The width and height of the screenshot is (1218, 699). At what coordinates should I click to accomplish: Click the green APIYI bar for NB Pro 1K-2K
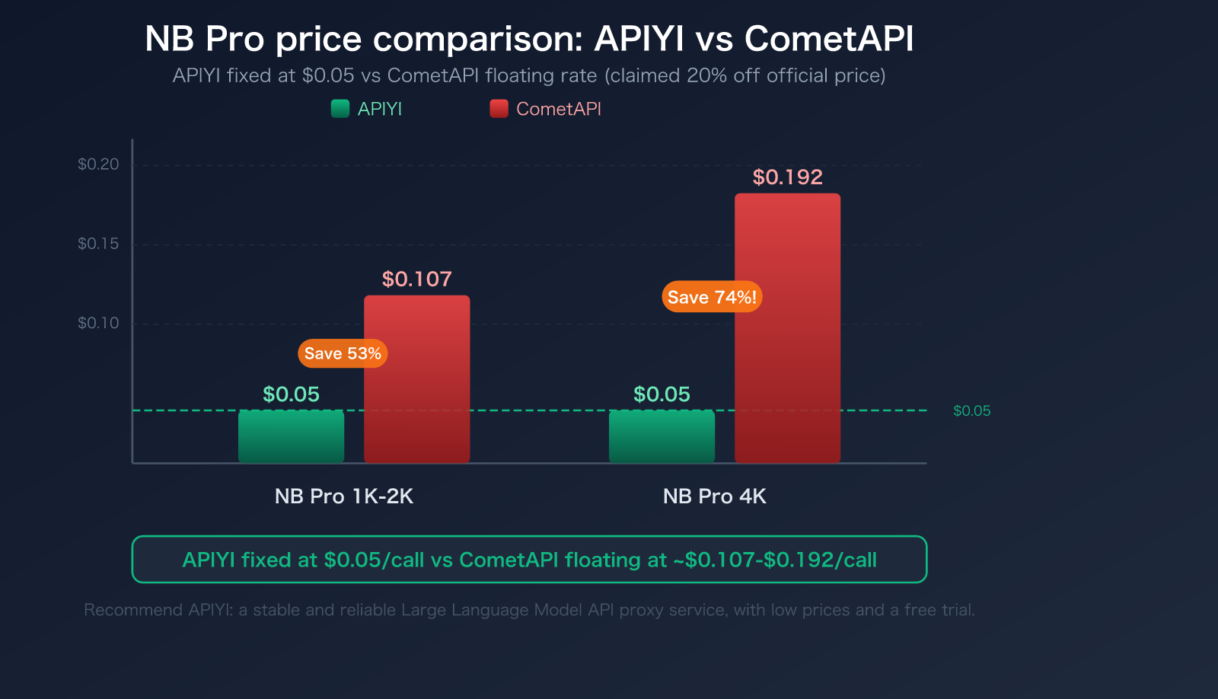click(x=291, y=437)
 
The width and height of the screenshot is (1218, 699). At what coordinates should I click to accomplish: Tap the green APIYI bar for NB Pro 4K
click(x=662, y=437)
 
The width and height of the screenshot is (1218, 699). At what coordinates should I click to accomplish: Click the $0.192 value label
click(x=787, y=177)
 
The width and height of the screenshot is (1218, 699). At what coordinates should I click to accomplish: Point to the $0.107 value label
click(x=416, y=279)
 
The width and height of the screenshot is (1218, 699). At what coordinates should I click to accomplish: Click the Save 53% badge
click(x=343, y=353)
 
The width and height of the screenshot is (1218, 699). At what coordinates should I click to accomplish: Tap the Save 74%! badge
click(x=712, y=297)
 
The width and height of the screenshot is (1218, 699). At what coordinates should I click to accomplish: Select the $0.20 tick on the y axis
click(x=98, y=164)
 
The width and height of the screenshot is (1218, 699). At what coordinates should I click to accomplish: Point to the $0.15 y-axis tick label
click(x=98, y=244)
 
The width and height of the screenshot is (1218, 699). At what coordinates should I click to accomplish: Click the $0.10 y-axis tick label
click(x=98, y=323)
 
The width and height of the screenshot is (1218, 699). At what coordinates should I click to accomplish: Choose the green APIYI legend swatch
click(x=340, y=109)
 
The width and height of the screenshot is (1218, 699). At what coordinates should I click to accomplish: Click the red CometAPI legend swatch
click(x=499, y=109)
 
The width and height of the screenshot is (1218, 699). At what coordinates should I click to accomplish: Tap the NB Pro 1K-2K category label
click(x=344, y=496)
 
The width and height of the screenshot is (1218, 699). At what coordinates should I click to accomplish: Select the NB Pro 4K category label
click(x=714, y=496)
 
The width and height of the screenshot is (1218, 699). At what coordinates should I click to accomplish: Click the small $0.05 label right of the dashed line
click(x=971, y=411)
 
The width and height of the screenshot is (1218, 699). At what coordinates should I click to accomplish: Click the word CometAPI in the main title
click(x=828, y=39)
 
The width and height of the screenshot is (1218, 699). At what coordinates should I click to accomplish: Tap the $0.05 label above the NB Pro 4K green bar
click(x=662, y=394)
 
